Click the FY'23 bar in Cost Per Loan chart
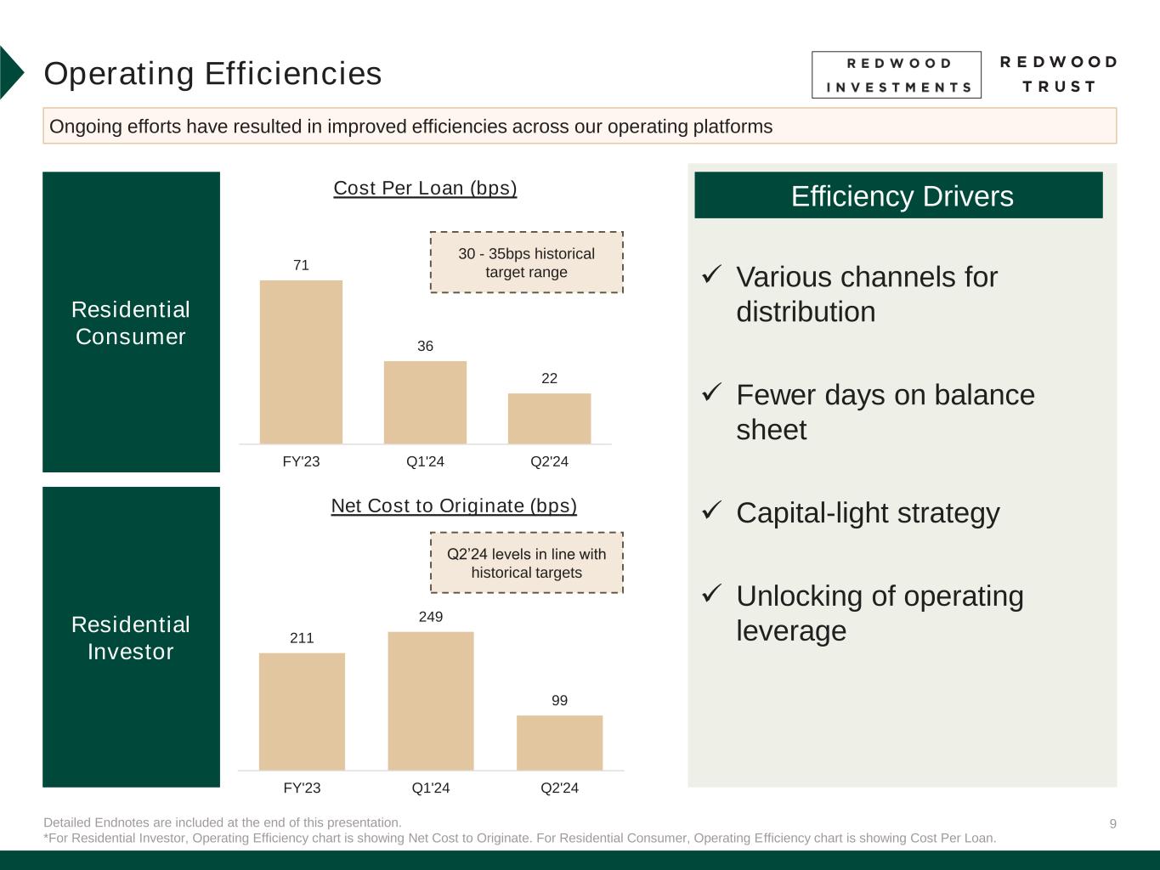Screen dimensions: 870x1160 (301, 362)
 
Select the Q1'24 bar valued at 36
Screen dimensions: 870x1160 (425, 403)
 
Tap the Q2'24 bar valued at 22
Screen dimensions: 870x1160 (549, 418)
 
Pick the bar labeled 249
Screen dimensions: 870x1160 (431, 701)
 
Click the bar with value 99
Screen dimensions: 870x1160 (559, 743)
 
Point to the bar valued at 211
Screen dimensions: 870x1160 (302, 711)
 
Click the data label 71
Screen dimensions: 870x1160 (301, 265)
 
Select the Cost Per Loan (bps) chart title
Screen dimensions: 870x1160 (425, 188)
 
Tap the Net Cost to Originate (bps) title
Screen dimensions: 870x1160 (454, 506)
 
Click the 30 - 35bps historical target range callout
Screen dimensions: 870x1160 (526, 263)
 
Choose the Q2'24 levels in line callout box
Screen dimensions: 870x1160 (526, 562)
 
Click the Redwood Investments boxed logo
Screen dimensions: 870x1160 (896, 75)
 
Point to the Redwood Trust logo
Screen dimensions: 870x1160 (1058, 74)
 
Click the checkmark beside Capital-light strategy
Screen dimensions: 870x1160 (711, 511)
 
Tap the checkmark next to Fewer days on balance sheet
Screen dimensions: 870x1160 (711, 393)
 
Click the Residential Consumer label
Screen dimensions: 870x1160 (131, 322)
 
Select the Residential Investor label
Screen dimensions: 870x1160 (131, 637)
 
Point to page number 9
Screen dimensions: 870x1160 (1112, 823)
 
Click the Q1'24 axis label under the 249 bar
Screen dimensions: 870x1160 (431, 788)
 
